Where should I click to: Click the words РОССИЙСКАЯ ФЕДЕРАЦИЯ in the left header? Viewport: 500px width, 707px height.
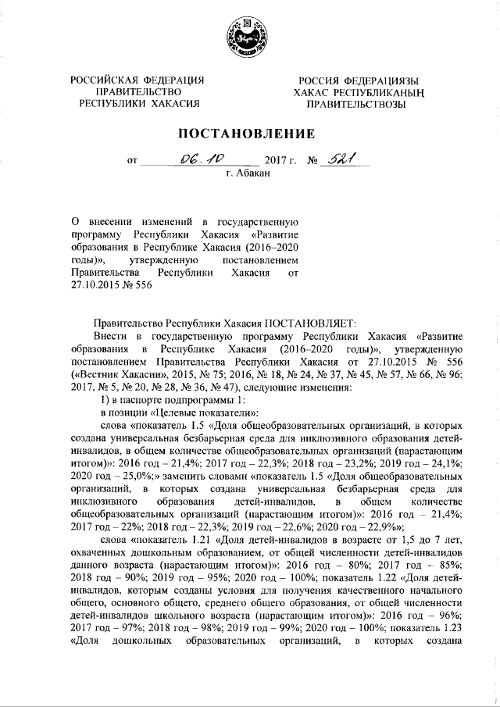[x=137, y=80]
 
